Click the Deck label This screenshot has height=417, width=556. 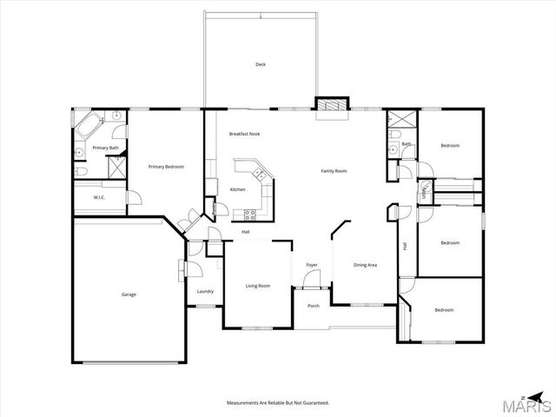[260, 65]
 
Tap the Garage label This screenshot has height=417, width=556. [129, 294]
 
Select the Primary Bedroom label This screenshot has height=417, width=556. [165, 167]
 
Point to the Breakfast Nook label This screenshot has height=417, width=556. [244, 134]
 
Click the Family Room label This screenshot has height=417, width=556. [334, 171]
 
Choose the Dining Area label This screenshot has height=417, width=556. [365, 265]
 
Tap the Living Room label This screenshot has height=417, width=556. [257, 286]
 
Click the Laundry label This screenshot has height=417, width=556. [205, 291]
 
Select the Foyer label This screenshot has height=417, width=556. [312, 265]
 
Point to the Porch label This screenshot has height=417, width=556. [314, 305]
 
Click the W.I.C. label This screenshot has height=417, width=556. [100, 197]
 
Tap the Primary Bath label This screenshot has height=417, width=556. [105, 148]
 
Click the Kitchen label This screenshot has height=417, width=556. [237, 189]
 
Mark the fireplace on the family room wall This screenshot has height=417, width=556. [330, 104]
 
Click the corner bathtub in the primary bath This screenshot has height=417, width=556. [88, 128]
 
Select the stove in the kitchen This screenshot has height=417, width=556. [249, 213]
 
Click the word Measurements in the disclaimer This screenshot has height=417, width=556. [244, 403]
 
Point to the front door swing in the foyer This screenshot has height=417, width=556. [312, 279]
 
